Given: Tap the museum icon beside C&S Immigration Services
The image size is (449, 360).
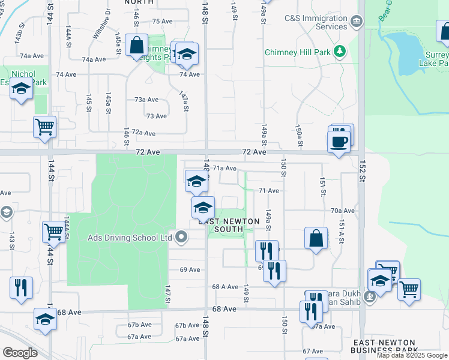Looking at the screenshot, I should (357, 23).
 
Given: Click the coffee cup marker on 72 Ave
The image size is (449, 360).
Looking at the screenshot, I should (339, 142).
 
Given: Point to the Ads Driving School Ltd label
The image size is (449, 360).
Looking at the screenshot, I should (130, 238).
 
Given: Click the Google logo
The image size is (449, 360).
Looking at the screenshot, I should (20, 353).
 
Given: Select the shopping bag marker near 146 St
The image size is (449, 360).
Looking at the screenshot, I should (137, 44).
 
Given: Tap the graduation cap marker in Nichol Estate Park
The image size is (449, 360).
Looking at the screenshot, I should (21, 89).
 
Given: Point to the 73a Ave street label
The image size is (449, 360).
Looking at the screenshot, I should (146, 100).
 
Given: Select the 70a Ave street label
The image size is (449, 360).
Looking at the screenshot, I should (343, 211).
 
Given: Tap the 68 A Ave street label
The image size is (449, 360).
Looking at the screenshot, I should (226, 287).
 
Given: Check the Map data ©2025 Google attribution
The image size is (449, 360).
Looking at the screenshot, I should (412, 355).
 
